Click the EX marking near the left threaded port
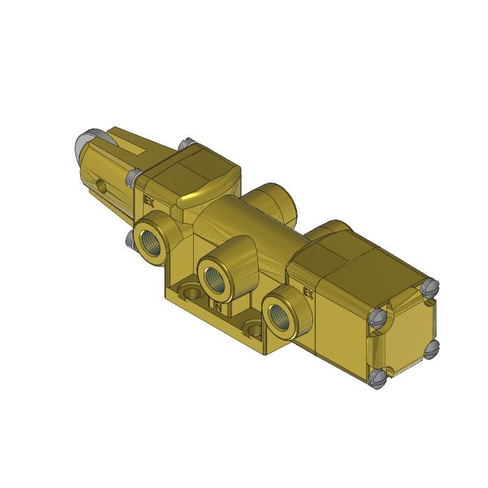(x=148, y=200)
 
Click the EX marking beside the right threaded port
(x=308, y=293)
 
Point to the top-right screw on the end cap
(x=429, y=286)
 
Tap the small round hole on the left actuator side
(x=102, y=186)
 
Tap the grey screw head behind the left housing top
(x=185, y=144)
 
